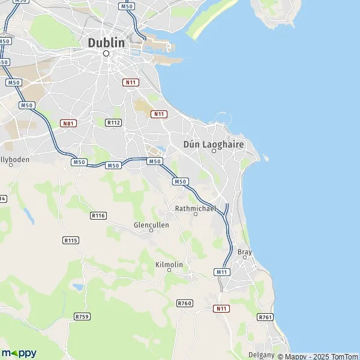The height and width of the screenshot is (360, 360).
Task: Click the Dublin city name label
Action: click(107, 43)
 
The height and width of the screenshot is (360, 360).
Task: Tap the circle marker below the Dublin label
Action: click(106, 53)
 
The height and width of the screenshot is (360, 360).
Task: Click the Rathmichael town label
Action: click(195, 208)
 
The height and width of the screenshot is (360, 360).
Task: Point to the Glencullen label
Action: click(151, 225)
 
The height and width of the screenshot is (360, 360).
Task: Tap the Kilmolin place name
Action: click(169, 264)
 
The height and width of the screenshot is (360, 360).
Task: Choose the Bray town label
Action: click(245, 251)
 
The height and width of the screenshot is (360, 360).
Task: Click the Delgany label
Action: click(262, 355)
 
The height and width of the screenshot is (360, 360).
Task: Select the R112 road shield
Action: click(113, 122)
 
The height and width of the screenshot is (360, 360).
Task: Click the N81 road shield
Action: click(68, 123)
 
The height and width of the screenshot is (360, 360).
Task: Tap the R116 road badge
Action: click(98, 215)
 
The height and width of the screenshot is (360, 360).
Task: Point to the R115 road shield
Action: click(70, 240)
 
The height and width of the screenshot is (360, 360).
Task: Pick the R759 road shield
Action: click(82, 316)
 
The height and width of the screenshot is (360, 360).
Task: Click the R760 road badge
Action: click(185, 304)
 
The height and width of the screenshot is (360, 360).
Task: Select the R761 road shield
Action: click(265, 317)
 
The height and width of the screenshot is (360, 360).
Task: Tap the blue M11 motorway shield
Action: click(222, 272)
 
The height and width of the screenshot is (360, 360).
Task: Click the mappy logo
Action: click(19, 353)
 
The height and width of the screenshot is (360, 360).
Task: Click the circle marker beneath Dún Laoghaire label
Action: click(214, 151)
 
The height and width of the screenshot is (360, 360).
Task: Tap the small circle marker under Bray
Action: click(245, 258)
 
